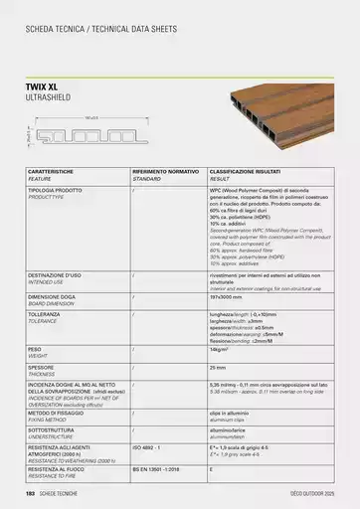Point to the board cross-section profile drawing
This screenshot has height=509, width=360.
pyautogui.click(x=90, y=132)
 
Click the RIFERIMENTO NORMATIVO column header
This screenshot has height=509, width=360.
pyautogui.click(x=164, y=172)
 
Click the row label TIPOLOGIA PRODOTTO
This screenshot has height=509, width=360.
pyautogui.click(x=58, y=187)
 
